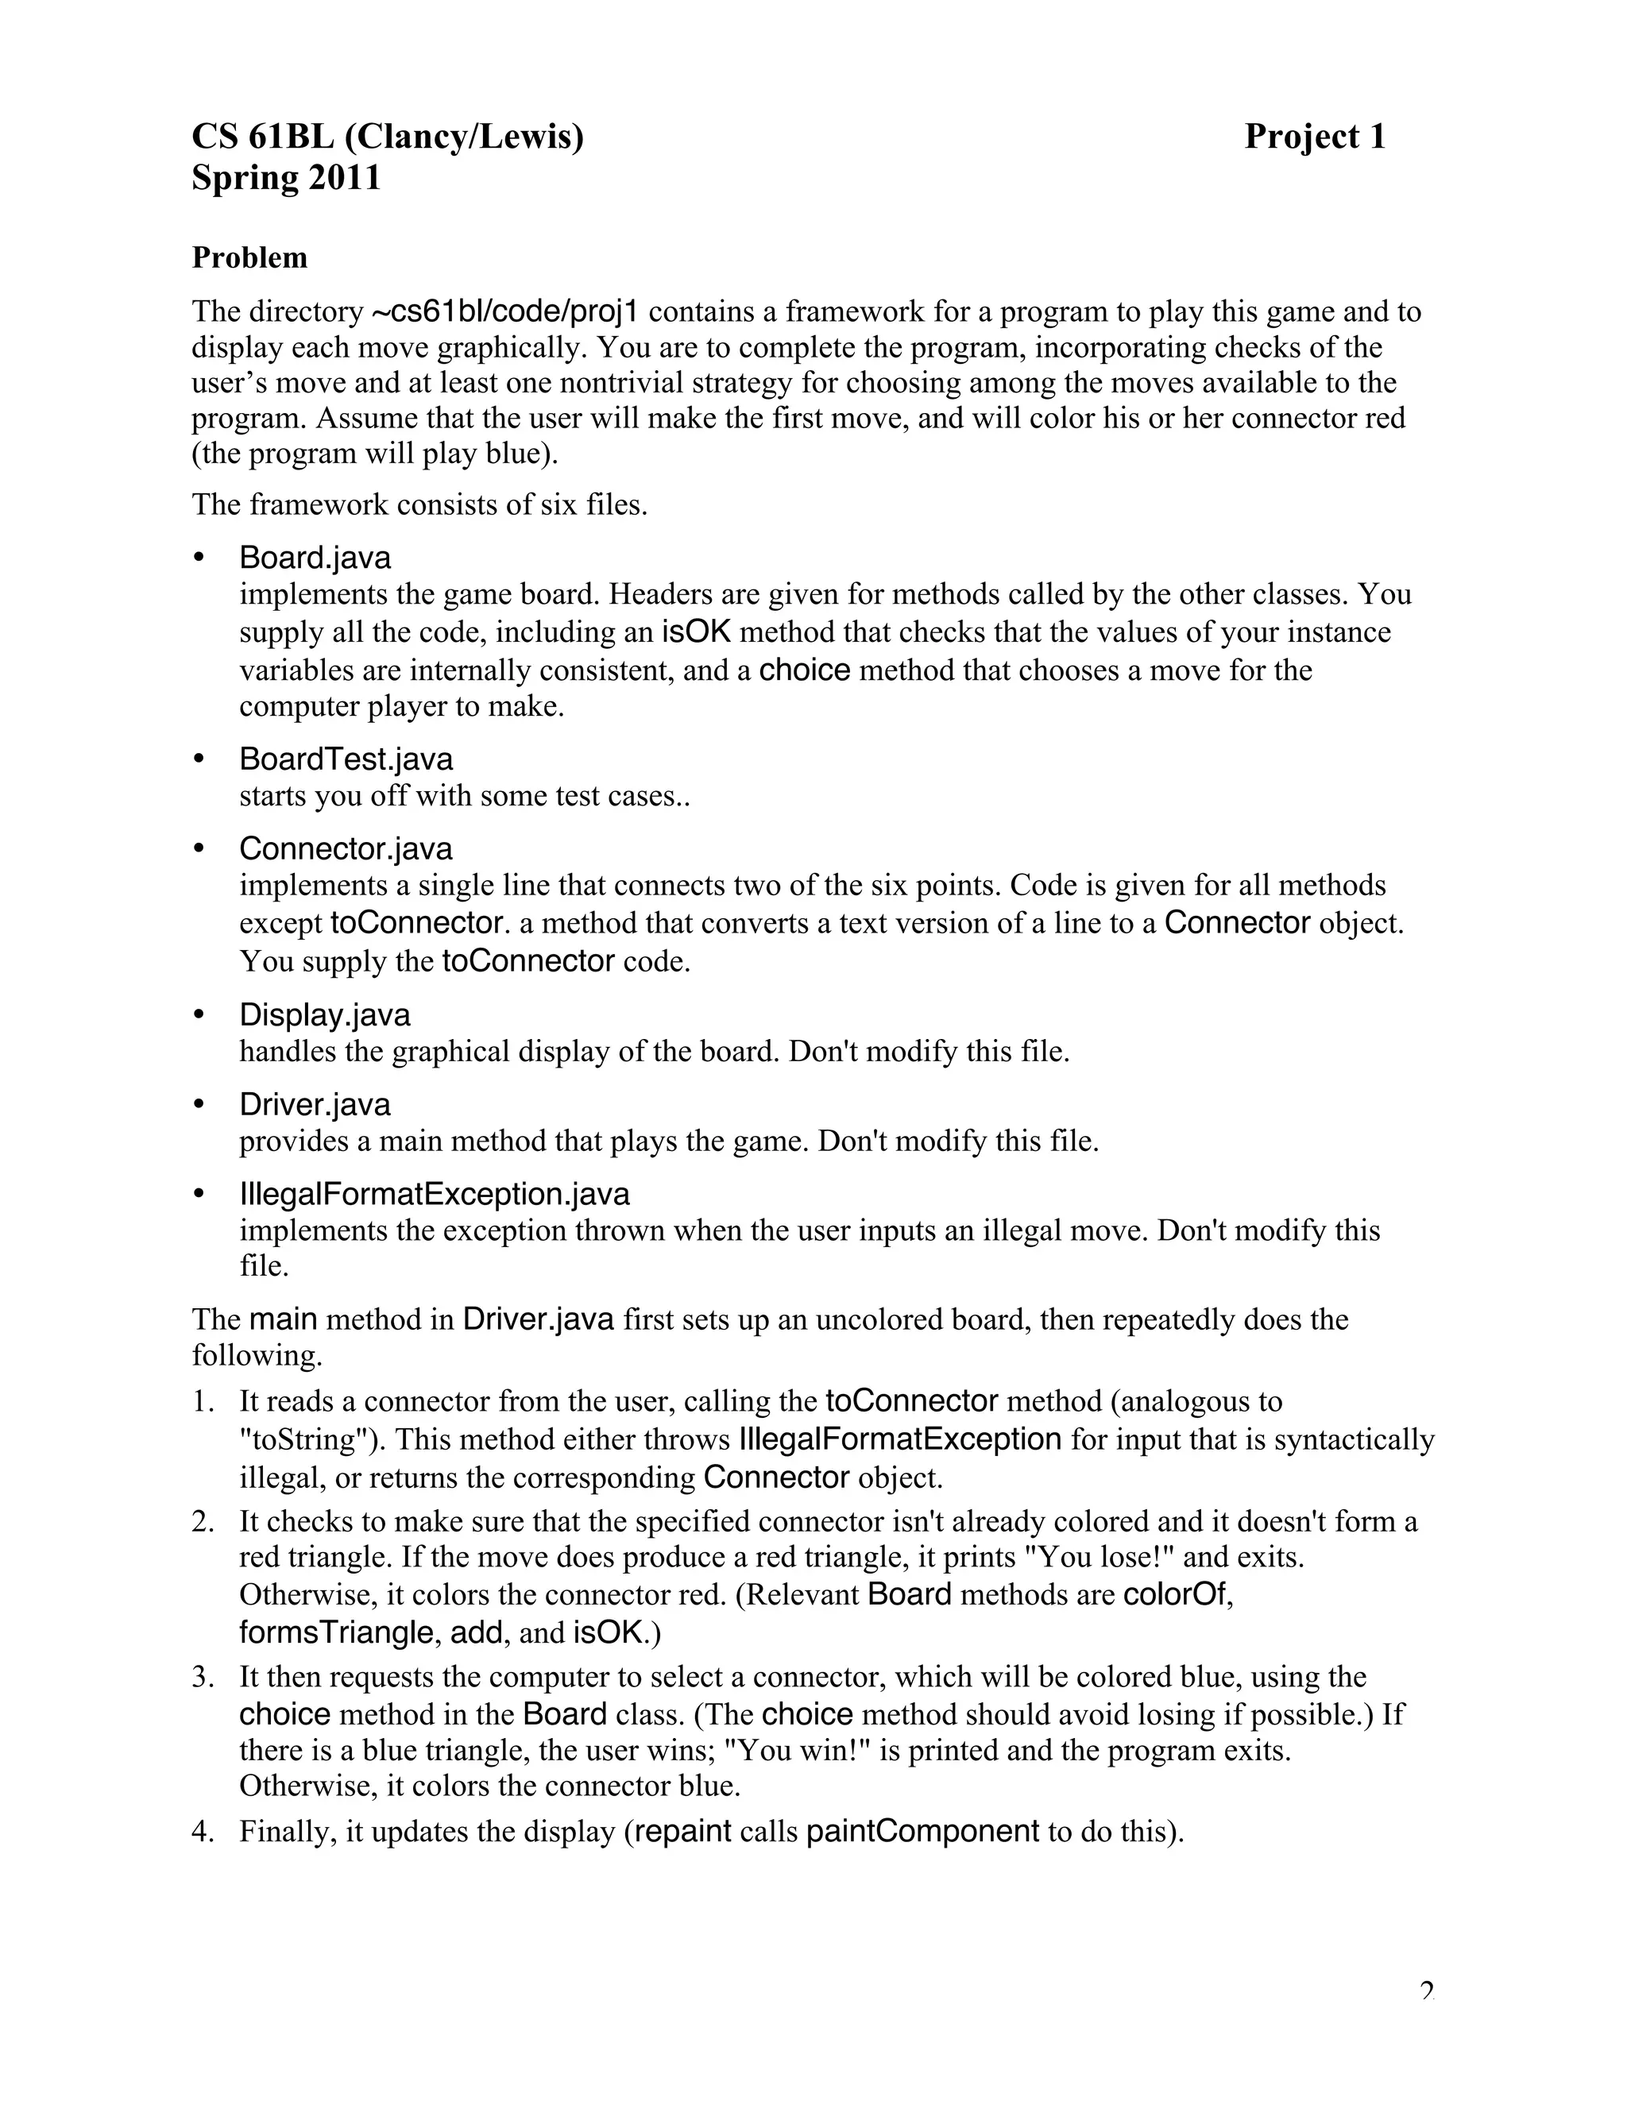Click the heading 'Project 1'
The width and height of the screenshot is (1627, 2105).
(x=1314, y=137)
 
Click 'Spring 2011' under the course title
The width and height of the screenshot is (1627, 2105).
(x=286, y=178)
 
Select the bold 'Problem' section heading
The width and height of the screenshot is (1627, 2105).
(x=249, y=257)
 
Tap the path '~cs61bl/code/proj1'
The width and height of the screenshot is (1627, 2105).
(x=504, y=311)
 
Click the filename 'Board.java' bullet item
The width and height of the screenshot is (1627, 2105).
(x=315, y=558)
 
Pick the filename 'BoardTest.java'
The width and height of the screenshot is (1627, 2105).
(x=346, y=759)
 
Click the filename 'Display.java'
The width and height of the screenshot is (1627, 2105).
(x=325, y=1015)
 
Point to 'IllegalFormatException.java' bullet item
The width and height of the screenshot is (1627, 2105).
(x=435, y=1194)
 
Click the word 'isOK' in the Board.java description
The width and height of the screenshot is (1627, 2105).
(x=696, y=632)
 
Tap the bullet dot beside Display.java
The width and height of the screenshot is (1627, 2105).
(x=199, y=1015)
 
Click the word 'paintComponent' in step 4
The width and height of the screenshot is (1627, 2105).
(x=922, y=1831)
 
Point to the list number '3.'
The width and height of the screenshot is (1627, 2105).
(x=202, y=1677)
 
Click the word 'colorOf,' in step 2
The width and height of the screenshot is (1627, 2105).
(x=1179, y=1594)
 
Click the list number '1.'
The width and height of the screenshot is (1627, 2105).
(x=202, y=1401)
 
